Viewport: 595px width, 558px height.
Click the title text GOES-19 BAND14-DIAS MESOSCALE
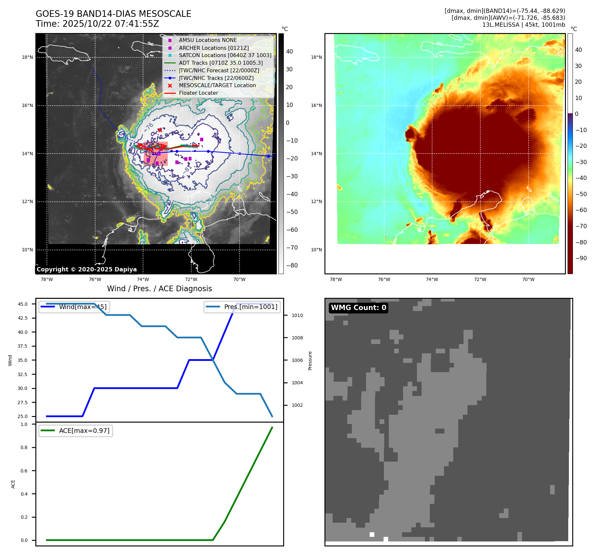point(113,14)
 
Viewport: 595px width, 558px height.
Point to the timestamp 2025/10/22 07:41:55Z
point(111,24)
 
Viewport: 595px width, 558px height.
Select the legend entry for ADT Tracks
point(221,63)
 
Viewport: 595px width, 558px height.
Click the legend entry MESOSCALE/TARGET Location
point(217,85)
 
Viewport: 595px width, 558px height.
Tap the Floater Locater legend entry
point(198,93)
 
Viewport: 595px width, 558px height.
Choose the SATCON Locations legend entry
point(225,55)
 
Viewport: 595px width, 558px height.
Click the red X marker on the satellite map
point(160,130)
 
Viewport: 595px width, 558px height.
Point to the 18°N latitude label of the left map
point(27,57)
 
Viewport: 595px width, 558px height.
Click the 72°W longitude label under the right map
point(480,279)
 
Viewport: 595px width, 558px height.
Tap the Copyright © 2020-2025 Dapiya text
point(87,269)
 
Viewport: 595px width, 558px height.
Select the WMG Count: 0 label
point(358,308)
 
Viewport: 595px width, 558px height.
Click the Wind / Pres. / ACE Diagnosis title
point(160,289)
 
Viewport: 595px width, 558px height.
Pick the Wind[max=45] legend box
point(74,307)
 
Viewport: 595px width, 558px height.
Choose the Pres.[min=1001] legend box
point(242,307)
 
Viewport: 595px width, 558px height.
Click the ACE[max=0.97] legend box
point(76,431)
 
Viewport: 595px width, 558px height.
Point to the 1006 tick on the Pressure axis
point(297,360)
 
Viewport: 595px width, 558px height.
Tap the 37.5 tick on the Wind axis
point(22,346)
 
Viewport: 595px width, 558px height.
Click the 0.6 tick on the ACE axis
point(24,471)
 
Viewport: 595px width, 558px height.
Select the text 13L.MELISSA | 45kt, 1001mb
point(524,25)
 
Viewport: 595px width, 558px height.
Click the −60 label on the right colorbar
point(581,210)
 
